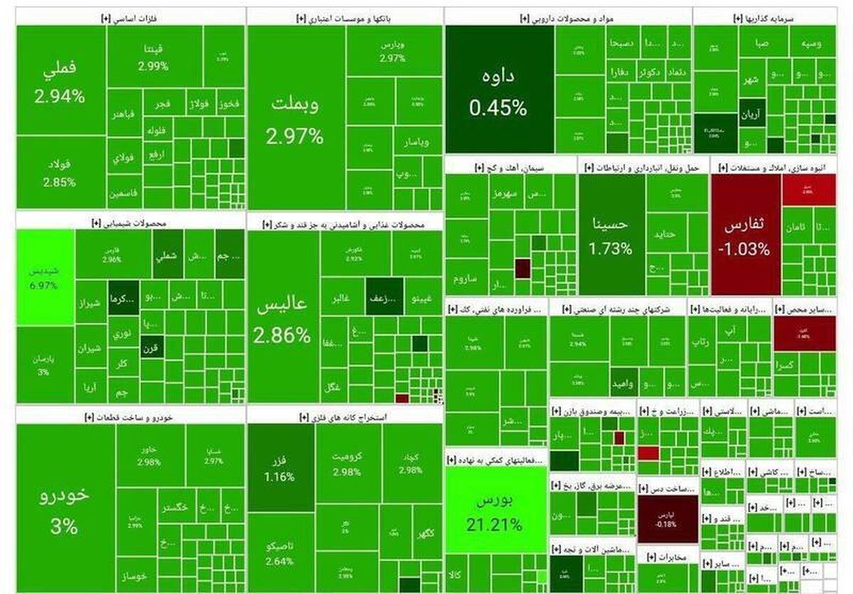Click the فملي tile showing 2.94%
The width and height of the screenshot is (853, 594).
coord(61,81)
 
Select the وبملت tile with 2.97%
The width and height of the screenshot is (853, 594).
coord(295,117)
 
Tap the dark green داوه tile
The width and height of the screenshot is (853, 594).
coord(498,90)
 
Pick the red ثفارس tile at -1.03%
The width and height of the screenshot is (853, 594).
coord(746,234)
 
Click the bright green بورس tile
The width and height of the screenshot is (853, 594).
coord(495,515)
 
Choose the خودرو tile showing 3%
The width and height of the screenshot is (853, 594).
coord(65,508)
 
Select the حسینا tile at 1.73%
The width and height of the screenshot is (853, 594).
coord(611,234)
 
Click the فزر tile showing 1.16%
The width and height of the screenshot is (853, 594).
coord(281,469)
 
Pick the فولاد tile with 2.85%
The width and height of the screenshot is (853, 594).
coord(61,172)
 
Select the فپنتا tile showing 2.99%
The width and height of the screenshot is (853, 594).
coord(154,57)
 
